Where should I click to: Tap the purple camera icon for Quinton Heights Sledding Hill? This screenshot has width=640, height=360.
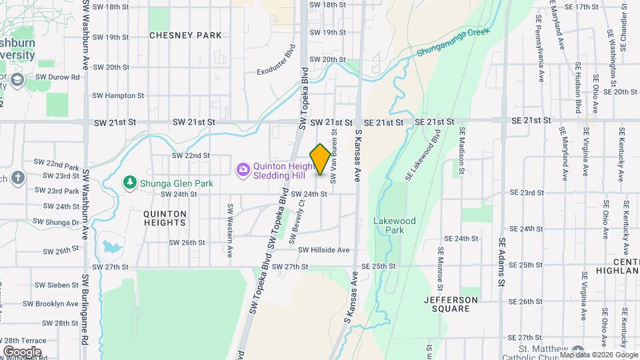243,170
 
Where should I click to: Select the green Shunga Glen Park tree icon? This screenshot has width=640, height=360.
127,182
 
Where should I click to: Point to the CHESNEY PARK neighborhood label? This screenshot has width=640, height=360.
185,35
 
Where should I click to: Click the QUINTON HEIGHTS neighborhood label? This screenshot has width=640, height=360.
165,214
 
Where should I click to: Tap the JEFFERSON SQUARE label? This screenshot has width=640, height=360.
451,305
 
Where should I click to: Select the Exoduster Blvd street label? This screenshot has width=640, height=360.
276,61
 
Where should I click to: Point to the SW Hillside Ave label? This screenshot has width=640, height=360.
323,250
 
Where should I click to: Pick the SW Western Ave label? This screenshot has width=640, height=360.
229,231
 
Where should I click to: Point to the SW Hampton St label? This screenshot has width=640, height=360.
118,95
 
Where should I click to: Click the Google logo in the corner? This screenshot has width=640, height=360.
21,351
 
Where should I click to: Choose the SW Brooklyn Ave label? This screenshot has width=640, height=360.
51,303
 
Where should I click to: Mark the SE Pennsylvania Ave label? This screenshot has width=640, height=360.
538,49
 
